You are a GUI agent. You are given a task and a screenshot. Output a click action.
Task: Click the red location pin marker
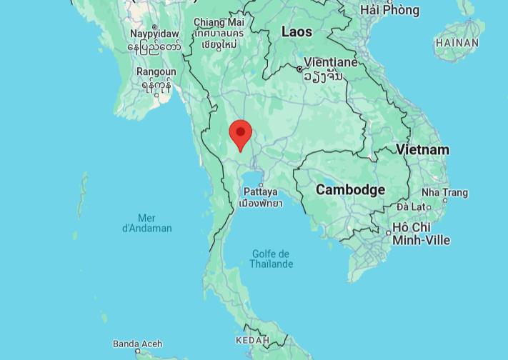click(241, 134)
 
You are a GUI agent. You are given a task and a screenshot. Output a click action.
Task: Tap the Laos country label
click(297, 31)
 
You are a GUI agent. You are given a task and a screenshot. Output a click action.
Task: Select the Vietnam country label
click(423, 149)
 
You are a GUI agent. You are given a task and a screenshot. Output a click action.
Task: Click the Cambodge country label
click(350, 189)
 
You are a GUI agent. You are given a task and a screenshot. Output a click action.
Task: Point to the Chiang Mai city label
click(219, 23)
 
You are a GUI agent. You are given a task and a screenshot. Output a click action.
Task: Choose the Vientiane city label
click(331, 62)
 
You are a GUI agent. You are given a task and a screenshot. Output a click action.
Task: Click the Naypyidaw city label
click(154, 34)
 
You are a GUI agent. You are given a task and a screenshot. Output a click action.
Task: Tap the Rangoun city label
click(156, 72)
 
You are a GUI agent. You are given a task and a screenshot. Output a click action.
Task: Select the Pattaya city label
click(260, 191)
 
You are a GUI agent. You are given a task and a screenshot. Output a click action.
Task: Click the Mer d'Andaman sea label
click(147, 223)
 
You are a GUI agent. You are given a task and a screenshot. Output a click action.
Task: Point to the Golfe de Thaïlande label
click(271, 259)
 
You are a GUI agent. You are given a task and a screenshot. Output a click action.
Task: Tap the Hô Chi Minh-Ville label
click(422, 234)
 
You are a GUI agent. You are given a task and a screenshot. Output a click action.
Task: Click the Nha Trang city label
click(444, 192)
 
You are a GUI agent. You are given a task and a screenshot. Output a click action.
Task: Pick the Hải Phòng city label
click(389, 10)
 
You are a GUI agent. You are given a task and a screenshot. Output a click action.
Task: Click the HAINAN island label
click(457, 43)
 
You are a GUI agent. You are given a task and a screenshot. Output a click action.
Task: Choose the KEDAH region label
click(252, 340)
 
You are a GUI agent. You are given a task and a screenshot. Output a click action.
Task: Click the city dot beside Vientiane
click(300, 69)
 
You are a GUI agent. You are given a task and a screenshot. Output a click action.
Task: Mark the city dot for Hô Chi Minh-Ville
click(388, 233)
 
